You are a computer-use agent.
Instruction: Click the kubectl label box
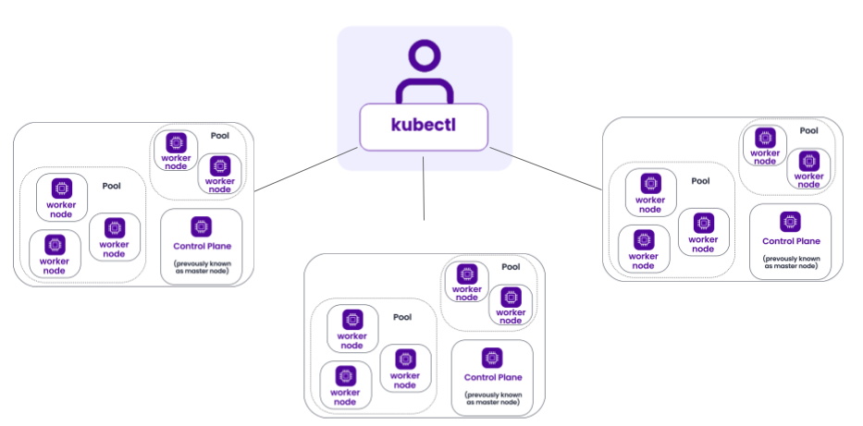pyautogui.click(x=424, y=128)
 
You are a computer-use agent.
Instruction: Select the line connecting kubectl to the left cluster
pyautogui.click(x=305, y=170)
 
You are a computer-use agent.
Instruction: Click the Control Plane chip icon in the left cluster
pyautogui.click(x=201, y=225)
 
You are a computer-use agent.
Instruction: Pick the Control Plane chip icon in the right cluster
pyautogui.click(x=790, y=221)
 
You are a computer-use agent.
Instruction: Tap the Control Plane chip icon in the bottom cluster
pyautogui.click(x=492, y=357)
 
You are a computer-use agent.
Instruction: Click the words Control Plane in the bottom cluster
pyautogui.click(x=493, y=377)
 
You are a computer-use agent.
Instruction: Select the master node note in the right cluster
pyautogui.click(x=790, y=262)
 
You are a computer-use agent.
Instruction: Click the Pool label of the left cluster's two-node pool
pyautogui.click(x=219, y=136)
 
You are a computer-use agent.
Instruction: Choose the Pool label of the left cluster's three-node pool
pyautogui.click(x=111, y=186)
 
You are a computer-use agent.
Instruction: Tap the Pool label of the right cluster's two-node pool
pyautogui.click(x=808, y=131)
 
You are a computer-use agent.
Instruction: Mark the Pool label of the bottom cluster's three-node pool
pyautogui.click(x=402, y=317)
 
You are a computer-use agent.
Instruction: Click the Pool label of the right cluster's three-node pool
pyautogui.click(x=700, y=181)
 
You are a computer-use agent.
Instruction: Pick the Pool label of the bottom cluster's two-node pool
pyautogui.click(x=511, y=267)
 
